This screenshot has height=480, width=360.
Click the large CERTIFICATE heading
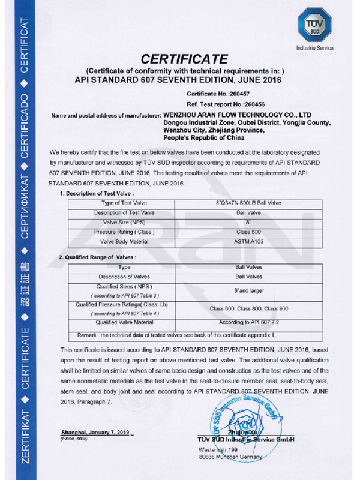point(184,59)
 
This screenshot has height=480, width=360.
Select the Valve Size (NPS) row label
point(125,222)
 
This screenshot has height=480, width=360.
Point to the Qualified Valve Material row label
point(125,322)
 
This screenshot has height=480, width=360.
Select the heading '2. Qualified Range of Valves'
point(98,257)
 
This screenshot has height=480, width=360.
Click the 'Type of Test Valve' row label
point(125,203)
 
